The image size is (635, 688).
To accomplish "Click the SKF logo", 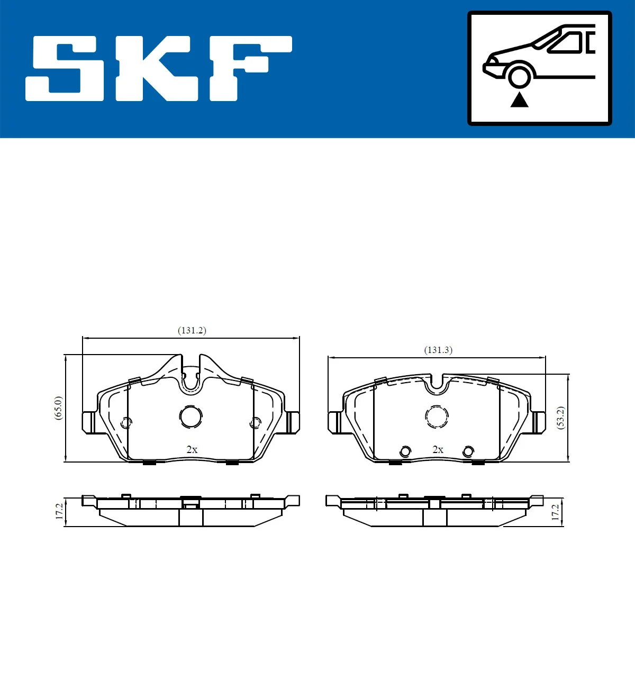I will (159, 68).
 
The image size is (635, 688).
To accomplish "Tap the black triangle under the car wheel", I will (519, 100).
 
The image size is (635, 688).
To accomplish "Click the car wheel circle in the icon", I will (520, 76).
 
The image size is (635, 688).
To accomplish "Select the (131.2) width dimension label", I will (192, 330).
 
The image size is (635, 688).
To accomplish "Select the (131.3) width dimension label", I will (438, 350).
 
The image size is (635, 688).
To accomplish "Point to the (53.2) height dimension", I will (561, 418).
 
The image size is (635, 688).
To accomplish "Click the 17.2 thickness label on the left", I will (59, 511).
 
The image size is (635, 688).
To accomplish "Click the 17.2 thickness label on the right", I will (555, 512).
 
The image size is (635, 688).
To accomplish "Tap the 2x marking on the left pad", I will (192, 449).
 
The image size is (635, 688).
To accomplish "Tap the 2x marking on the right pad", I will (438, 449).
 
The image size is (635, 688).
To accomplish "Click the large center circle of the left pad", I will (190, 417).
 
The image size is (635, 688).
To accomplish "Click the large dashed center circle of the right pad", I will (437, 417).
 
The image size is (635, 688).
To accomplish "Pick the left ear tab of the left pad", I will (89, 422).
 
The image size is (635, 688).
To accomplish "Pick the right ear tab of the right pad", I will (538, 422).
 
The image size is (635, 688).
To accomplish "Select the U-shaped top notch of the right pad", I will (437, 385).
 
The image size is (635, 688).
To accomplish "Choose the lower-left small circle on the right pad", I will (405, 451).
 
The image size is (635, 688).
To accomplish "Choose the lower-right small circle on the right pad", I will (468, 451).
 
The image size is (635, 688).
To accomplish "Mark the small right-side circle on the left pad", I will (255, 422).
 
